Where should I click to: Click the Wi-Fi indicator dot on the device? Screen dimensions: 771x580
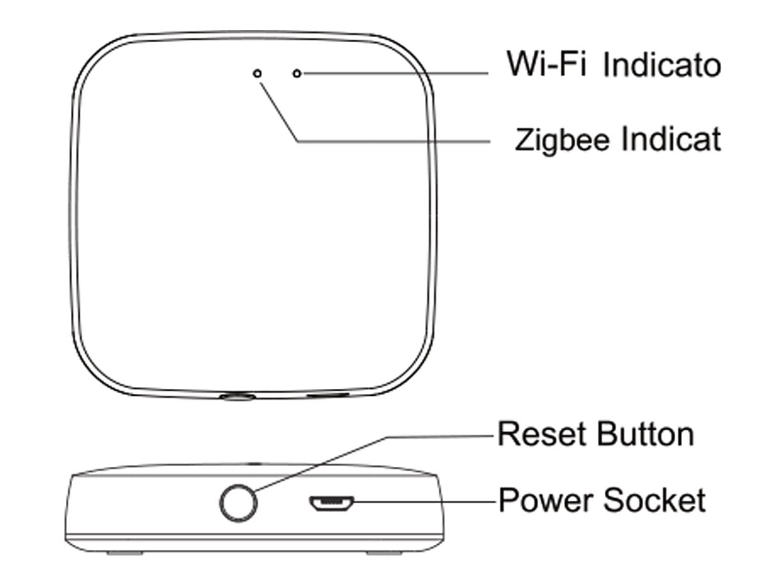click(x=297, y=74)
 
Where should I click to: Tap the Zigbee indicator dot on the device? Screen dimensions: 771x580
click(x=257, y=74)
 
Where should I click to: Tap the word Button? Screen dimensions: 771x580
click(x=645, y=435)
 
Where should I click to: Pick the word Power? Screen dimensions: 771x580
click(x=545, y=500)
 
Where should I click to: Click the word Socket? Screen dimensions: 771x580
click(x=654, y=500)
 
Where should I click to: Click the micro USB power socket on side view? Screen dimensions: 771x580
click(x=331, y=503)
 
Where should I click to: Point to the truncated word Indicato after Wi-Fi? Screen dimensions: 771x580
click(x=662, y=65)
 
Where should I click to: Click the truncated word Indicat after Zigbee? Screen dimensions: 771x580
click(x=671, y=139)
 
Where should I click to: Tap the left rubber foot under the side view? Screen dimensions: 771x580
click(x=125, y=553)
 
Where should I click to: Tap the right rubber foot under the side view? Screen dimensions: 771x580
click(x=384, y=553)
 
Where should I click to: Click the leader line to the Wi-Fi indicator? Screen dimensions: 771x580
click(x=396, y=74)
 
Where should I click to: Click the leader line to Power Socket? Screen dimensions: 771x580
click(x=424, y=502)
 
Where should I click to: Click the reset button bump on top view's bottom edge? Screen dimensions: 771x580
click(x=237, y=397)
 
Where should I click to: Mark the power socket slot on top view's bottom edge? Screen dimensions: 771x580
click(x=328, y=395)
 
